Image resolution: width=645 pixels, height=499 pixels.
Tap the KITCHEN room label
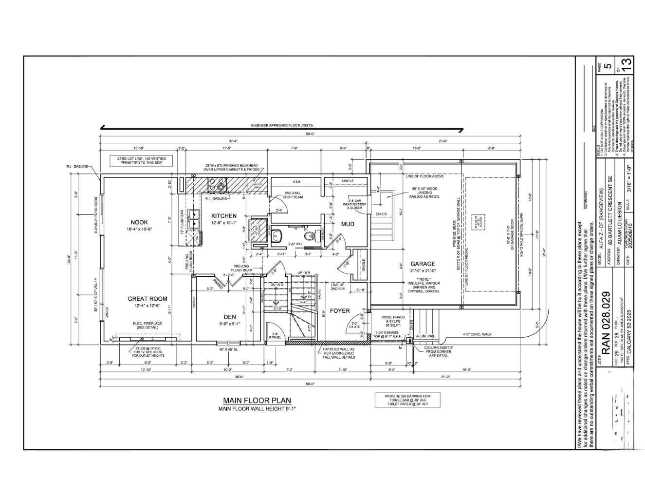(x=224, y=216)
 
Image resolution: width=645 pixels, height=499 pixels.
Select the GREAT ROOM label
(x=147, y=299)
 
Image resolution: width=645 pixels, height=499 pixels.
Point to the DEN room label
(x=230, y=317)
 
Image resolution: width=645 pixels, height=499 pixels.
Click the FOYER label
(x=340, y=310)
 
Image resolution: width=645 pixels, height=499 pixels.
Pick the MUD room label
(x=348, y=224)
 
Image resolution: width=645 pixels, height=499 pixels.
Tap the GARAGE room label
(x=423, y=264)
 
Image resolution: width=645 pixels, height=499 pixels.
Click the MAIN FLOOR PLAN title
(x=257, y=401)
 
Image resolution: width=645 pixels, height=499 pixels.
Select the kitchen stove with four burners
(x=217, y=184)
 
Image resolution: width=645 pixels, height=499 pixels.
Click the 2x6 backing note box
(x=407, y=400)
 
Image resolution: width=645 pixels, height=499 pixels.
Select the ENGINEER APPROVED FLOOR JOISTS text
(x=281, y=126)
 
